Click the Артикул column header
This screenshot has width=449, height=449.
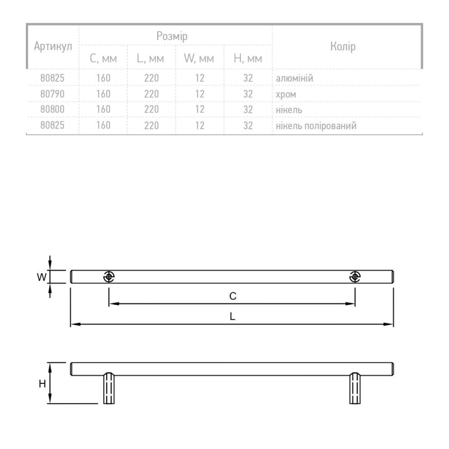pyautogui.click(x=53, y=46)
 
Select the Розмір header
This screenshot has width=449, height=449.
pyautogui.click(x=172, y=36)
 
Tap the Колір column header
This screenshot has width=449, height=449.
pyautogui.click(x=343, y=46)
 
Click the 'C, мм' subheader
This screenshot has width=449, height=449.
pyautogui.click(x=103, y=58)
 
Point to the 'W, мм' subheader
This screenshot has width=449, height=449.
pyautogui.click(x=199, y=58)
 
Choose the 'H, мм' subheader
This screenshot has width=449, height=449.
pyautogui.click(x=248, y=58)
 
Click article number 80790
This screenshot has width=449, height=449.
pyautogui.click(x=52, y=94)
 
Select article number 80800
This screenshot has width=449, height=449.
pyautogui.click(x=52, y=109)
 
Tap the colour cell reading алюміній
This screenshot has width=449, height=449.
pyautogui.click(x=294, y=78)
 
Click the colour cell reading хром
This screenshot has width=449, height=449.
pyautogui.click(x=286, y=94)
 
